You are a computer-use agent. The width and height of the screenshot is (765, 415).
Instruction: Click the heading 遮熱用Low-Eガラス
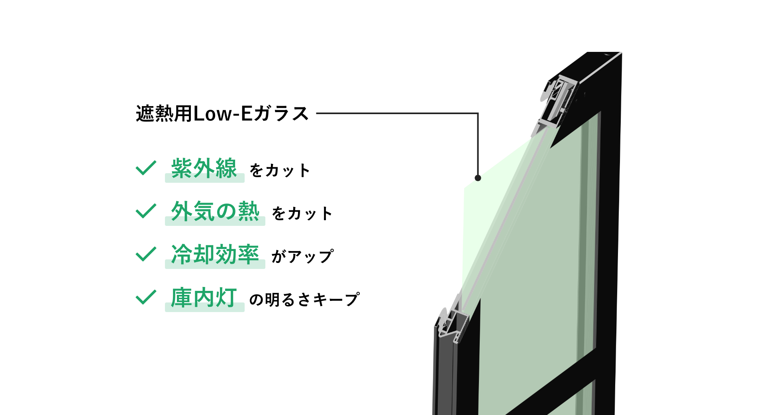pos(222,114)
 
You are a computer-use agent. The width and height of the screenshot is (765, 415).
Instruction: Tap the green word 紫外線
pos(204,168)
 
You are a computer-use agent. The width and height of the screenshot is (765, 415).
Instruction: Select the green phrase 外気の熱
pos(215,211)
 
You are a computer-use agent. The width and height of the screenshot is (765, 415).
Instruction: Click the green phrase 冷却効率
pos(215,254)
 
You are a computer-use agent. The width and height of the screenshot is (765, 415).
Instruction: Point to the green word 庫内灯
pos(204,298)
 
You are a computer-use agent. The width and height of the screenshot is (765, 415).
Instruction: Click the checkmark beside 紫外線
pos(146,168)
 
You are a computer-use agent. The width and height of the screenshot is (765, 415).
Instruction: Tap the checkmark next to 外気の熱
pos(146,211)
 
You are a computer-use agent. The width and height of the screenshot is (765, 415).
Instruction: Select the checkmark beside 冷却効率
pos(146,254)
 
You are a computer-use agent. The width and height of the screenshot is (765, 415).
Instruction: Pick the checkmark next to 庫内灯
pos(146,297)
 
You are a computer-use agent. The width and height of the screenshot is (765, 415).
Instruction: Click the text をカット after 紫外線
pos(280,171)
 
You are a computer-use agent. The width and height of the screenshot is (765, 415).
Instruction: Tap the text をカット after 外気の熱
pos(302,214)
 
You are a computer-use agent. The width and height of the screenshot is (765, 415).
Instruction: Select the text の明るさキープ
pos(304,300)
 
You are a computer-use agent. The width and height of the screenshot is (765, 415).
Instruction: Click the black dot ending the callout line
pos(478,178)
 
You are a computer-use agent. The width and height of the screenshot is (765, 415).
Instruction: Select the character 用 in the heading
pos(183,114)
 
